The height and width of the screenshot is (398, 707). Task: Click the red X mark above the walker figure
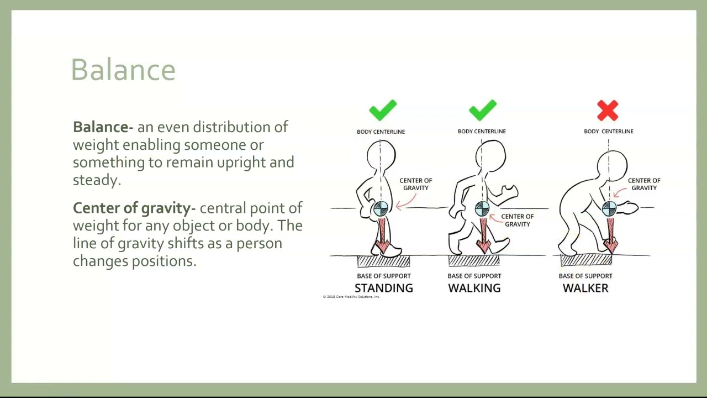pos(608,111)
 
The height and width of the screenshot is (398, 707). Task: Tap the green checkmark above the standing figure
pos(383,110)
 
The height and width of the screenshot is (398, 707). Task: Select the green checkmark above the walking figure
pos(483,110)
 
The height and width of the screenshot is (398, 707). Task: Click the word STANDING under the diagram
pos(383,288)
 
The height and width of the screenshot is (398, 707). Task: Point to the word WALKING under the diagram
pos(474,288)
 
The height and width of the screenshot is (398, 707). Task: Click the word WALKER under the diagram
pos(585,288)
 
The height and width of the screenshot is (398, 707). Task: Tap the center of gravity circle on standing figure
pos(381,209)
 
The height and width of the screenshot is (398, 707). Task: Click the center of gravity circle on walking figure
pos(482,209)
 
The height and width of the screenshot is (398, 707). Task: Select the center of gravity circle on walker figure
pos(609,208)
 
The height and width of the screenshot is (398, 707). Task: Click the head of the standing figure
pos(382,155)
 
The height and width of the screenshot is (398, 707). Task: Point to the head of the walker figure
pos(612,164)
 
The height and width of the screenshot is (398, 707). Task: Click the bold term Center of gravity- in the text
pos(134,208)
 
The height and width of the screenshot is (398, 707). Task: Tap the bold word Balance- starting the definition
pos(103,127)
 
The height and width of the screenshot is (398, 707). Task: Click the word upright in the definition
pos(241,163)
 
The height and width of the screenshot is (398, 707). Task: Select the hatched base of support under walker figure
pos(586,261)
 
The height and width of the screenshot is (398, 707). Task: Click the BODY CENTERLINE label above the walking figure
pos(481,132)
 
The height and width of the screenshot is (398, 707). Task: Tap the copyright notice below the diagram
pos(351,297)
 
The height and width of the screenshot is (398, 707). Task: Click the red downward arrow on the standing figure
pos(382,235)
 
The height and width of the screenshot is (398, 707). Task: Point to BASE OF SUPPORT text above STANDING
pos(383,276)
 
